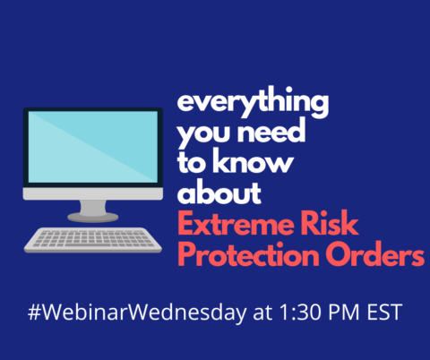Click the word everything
253,102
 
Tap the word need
271,132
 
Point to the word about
219,192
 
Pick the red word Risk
330,223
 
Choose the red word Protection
248,253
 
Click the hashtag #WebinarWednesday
137,313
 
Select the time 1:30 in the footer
302,313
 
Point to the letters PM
344,313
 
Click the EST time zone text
384,313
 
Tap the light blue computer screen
93,147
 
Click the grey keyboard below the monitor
93,240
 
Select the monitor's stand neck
93,207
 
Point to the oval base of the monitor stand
93,217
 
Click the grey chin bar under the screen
93,193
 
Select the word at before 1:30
262,313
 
